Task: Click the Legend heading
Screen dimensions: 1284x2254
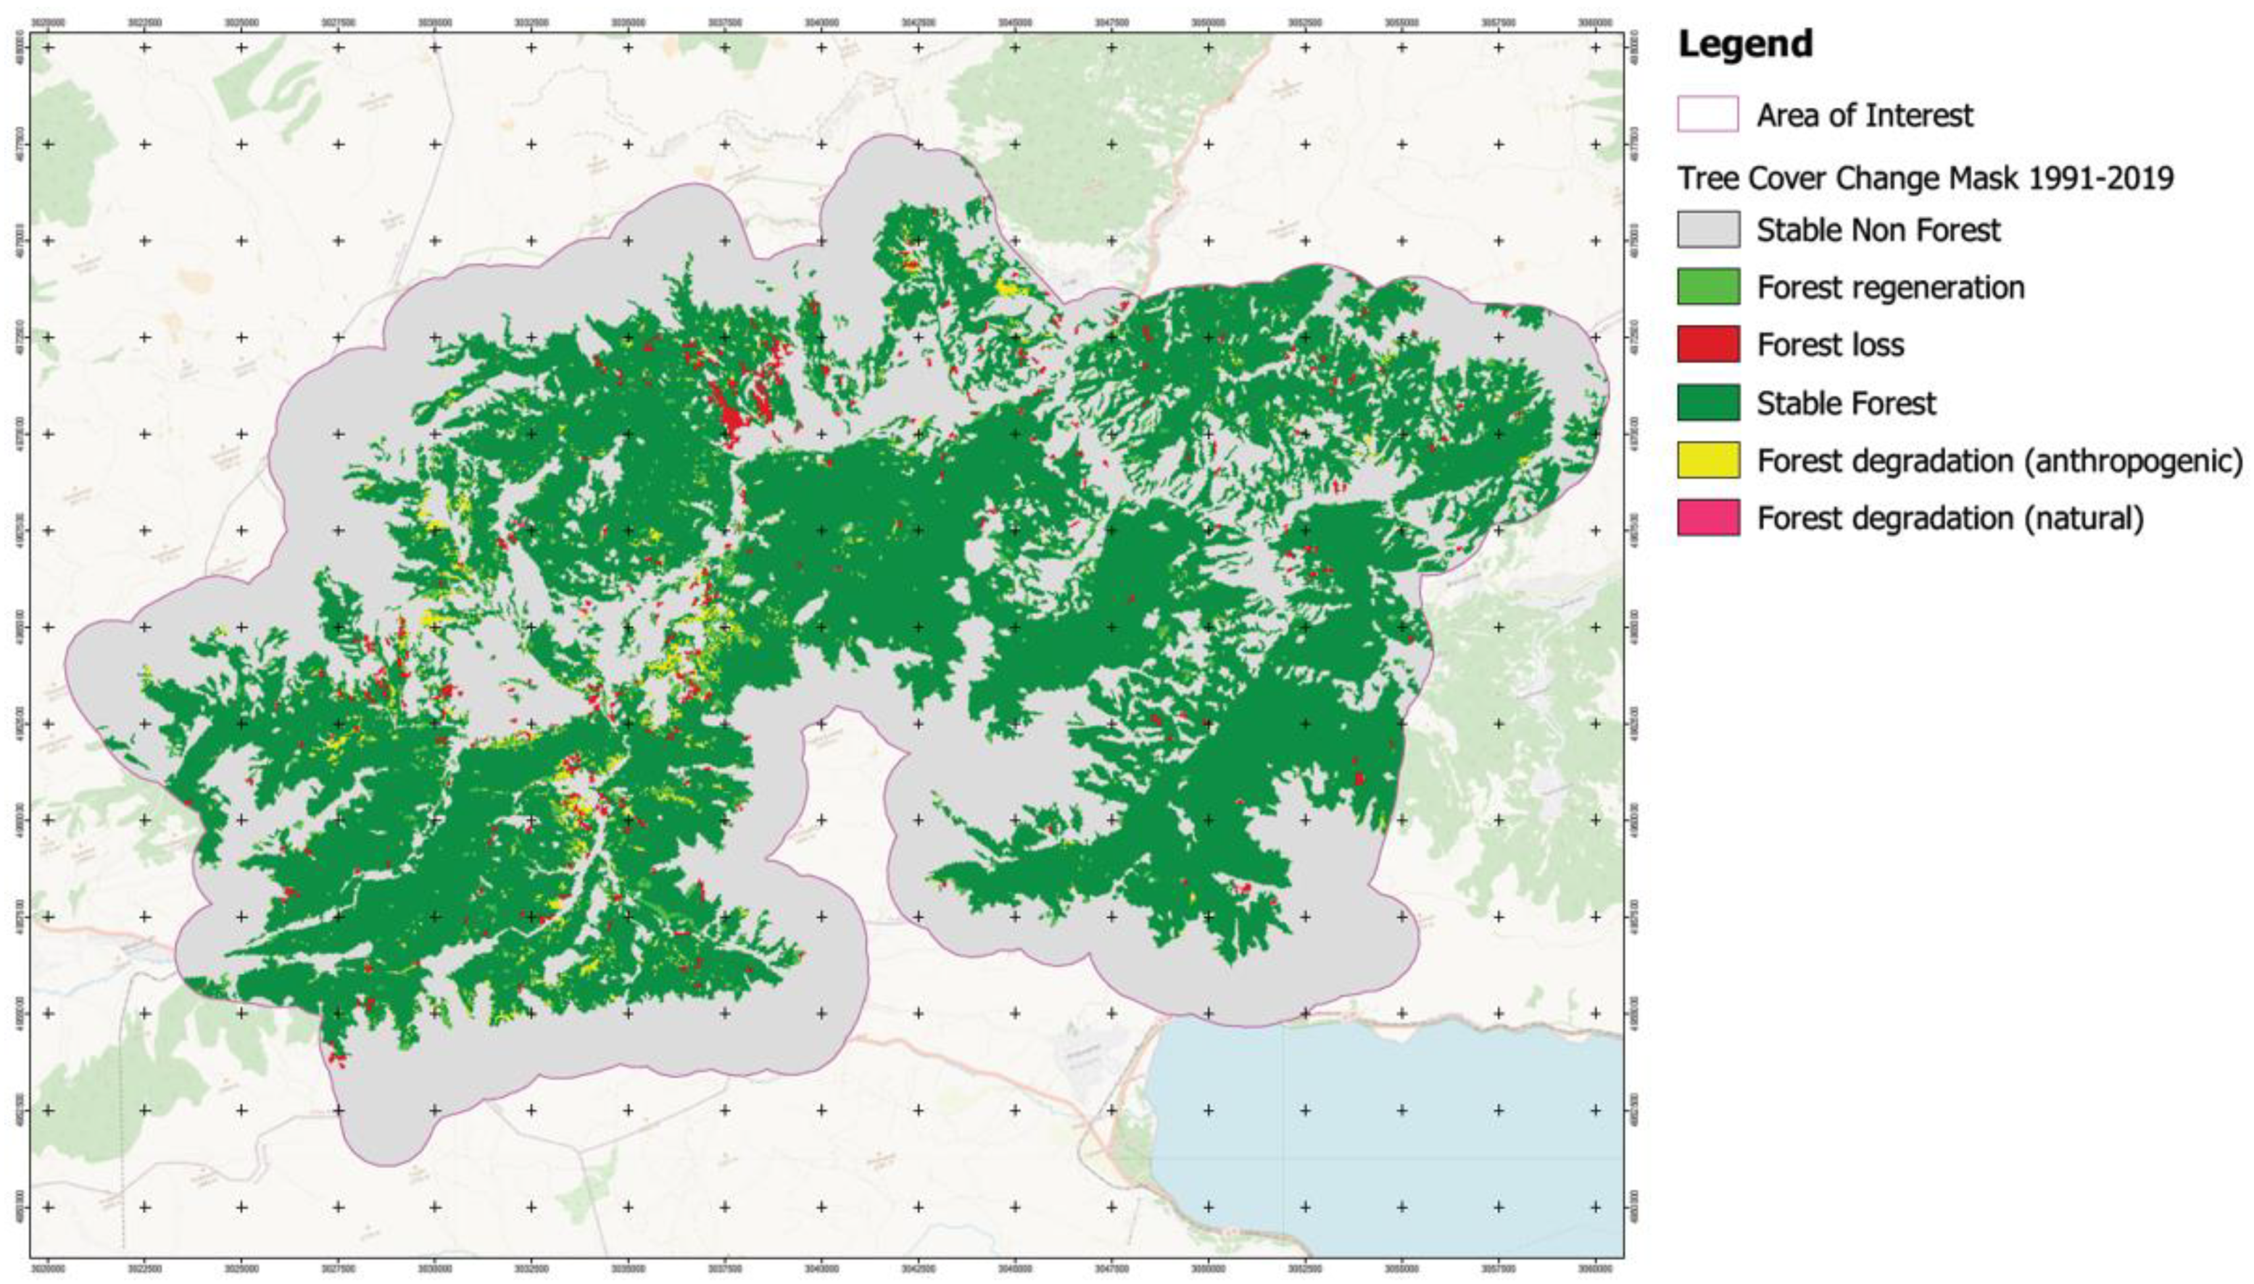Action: click(1744, 44)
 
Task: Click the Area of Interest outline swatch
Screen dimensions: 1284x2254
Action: click(1707, 115)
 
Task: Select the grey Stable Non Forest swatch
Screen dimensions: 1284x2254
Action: click(1707, 229)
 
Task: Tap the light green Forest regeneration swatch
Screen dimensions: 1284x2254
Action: click(1707, 287)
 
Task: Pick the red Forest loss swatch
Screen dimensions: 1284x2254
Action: click(1707, 344)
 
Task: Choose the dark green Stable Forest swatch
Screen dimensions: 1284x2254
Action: click(1707, 402)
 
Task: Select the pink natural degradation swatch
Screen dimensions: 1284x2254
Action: click(1707, 518)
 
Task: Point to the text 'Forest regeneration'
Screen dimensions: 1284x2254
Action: click(1890, 287)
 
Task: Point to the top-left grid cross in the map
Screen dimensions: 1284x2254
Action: click(49, 47)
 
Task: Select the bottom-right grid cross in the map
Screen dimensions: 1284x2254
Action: click(1594, 1206)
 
